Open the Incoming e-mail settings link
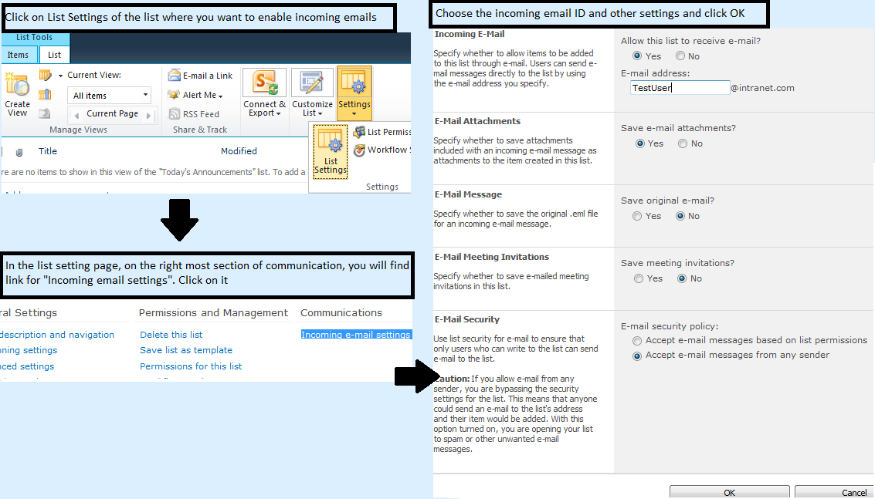tap(355, 335)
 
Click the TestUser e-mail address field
tap(679, 88)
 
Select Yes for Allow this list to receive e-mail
tap(637, 56)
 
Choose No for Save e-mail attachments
tap(683, 143)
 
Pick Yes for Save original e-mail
tap(637, 217)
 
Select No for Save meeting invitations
tap(682, 279)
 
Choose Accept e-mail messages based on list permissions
tap(637, 341)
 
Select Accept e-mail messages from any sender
tap(637, 356)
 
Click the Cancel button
tap(834, 492)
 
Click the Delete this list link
tap(171, 335)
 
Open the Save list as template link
tap(185, 350)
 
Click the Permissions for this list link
tap(190, 366)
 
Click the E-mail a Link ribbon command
tap(200, 76)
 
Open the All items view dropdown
tap(110, 96)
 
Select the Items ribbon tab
tap(18, 55)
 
